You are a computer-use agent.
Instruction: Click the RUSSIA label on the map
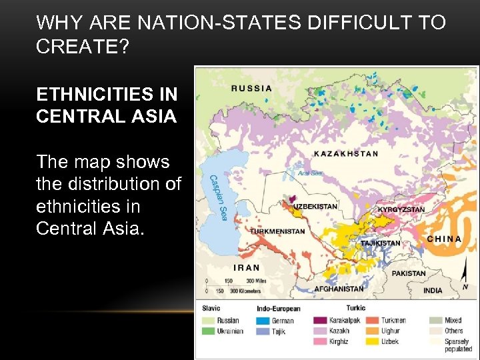coord(252,87)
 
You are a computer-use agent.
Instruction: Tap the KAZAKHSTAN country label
coord(346,153)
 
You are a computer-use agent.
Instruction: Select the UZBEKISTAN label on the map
coord(316,207)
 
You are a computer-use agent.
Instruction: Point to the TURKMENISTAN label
coord(278,231)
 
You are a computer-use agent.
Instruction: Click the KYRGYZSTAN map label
coord(401,209)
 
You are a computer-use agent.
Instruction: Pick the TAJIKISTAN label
coord(381,243)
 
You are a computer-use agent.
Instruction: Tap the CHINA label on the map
coord(443,239)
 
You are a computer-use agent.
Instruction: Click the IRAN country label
coord(247,267)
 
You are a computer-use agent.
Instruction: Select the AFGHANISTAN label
coord(339,289)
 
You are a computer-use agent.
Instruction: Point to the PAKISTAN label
coord(409,273)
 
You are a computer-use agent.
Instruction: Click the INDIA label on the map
coord(432,291)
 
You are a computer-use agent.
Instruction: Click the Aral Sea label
coord(311,173)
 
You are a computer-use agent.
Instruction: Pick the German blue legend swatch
coord(263,321)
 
